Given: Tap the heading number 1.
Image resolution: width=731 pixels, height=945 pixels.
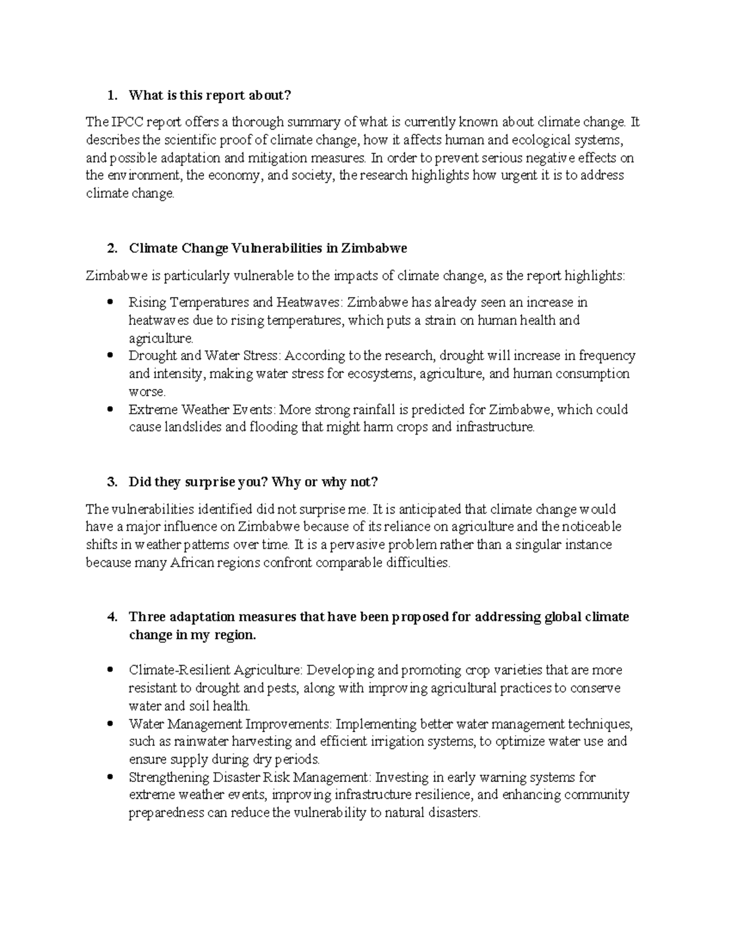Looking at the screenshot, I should point(110,95).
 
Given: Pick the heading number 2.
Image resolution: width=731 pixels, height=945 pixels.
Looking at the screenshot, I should point(110,248).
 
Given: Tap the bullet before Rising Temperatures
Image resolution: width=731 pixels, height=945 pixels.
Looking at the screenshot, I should point(110,302).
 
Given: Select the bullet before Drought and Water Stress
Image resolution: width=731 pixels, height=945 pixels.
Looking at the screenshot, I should point(110,356).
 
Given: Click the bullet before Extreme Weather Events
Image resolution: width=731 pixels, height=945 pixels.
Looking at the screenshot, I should point(110,410).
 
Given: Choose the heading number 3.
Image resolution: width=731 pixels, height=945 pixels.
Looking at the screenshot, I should point(110,482).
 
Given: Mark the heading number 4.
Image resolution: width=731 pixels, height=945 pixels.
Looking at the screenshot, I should point(110,617).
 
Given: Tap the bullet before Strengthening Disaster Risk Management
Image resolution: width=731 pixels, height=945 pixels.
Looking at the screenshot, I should point(110,778).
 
